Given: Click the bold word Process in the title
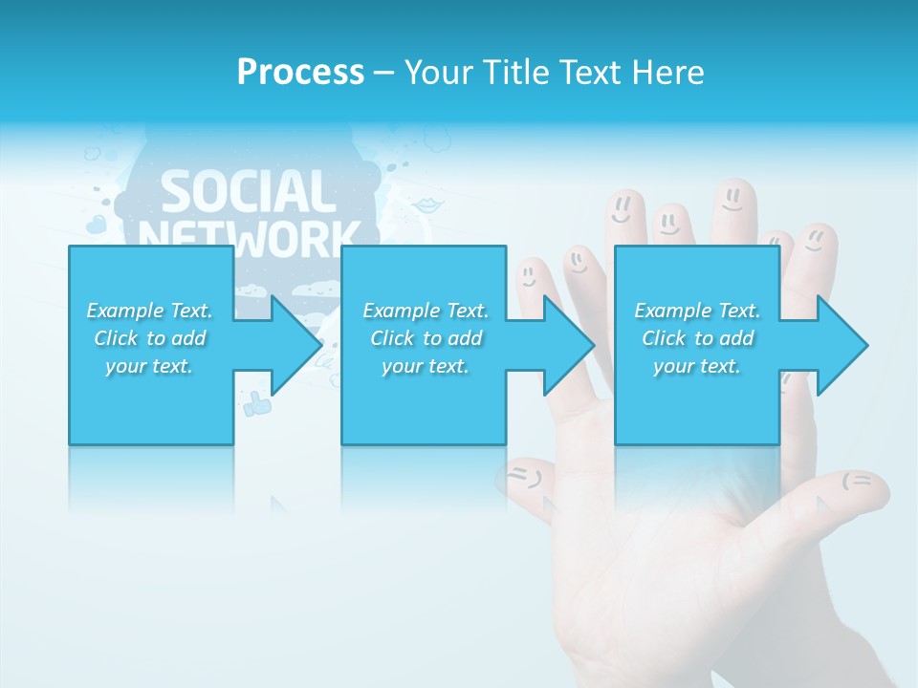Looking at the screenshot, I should point(300,73).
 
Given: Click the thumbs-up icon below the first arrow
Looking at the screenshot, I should point(256,404).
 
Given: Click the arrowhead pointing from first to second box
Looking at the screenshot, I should point(296,345).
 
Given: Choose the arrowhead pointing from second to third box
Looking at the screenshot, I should point(569,345).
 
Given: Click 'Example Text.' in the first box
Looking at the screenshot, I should point(150,311).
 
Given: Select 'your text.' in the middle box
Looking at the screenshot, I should point(425,366).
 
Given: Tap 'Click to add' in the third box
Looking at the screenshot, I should point(697,338).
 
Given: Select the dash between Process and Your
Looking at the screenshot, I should point(383,73).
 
